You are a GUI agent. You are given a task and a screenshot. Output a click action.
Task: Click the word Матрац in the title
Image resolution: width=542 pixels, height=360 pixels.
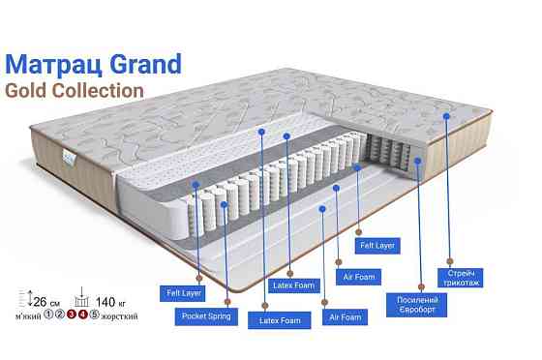[x=54, y=65]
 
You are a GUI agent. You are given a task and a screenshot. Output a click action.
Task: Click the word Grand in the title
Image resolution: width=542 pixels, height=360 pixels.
[x=144, y=65]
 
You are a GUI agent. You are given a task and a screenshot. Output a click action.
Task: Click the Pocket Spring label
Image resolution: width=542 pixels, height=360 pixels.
[x=206, y=315]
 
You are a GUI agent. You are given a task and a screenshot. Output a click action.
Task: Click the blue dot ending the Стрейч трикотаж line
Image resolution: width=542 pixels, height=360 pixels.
[x=446, y=115]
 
